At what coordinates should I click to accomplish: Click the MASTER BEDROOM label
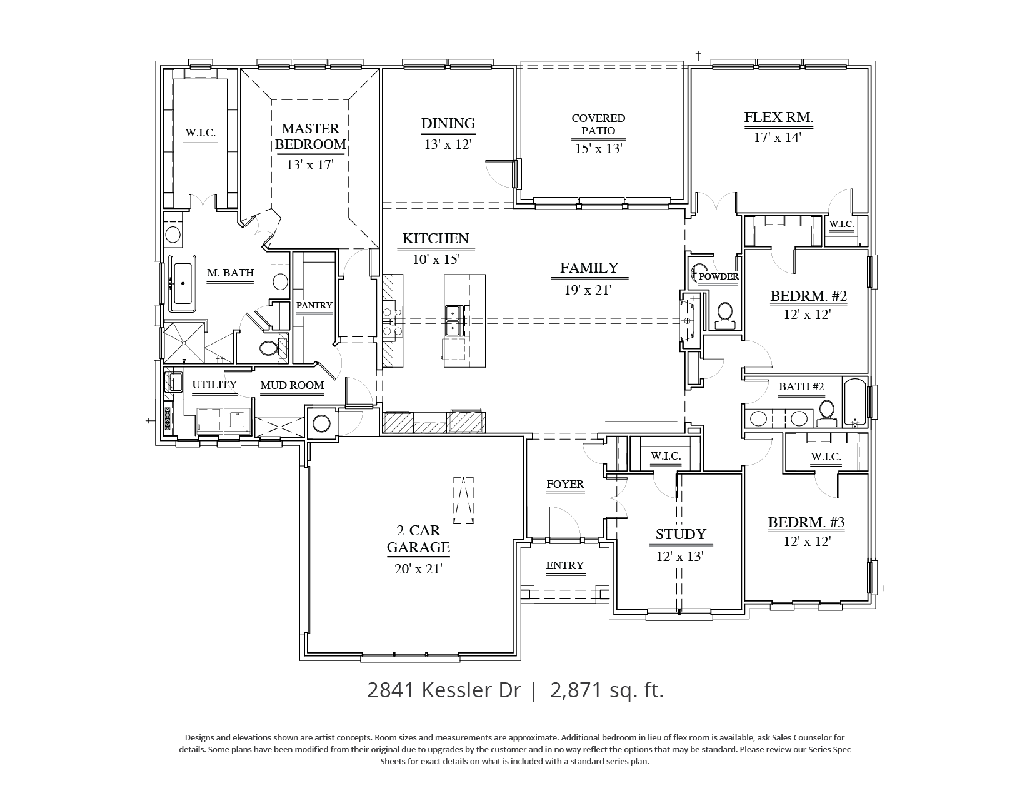tap(310, 136)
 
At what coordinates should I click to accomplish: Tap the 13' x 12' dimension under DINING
tap(448, 144)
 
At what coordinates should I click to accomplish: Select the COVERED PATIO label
tap(598, 124)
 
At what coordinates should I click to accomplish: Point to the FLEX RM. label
tap(778, 117)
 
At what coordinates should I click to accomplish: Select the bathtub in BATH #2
tap(855, 402)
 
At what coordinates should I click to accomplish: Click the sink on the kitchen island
tap(454, 320)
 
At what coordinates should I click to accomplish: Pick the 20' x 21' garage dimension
tap(418, 569)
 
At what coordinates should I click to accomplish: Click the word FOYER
tap(565, 484)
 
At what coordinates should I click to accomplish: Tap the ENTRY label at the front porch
tap(564, 565)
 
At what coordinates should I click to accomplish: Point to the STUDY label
tap(681, 534)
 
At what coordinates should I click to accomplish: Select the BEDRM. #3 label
tap(806, 522)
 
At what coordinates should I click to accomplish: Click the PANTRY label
tap(314, 305)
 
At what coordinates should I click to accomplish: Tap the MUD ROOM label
tap(292, 385)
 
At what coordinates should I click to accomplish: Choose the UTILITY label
tap(214, 385)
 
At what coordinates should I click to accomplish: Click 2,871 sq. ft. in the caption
tap(607, 690)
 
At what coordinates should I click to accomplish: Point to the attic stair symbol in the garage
tap(463, 500)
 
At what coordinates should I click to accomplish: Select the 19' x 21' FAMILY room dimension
tap(588, 290)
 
